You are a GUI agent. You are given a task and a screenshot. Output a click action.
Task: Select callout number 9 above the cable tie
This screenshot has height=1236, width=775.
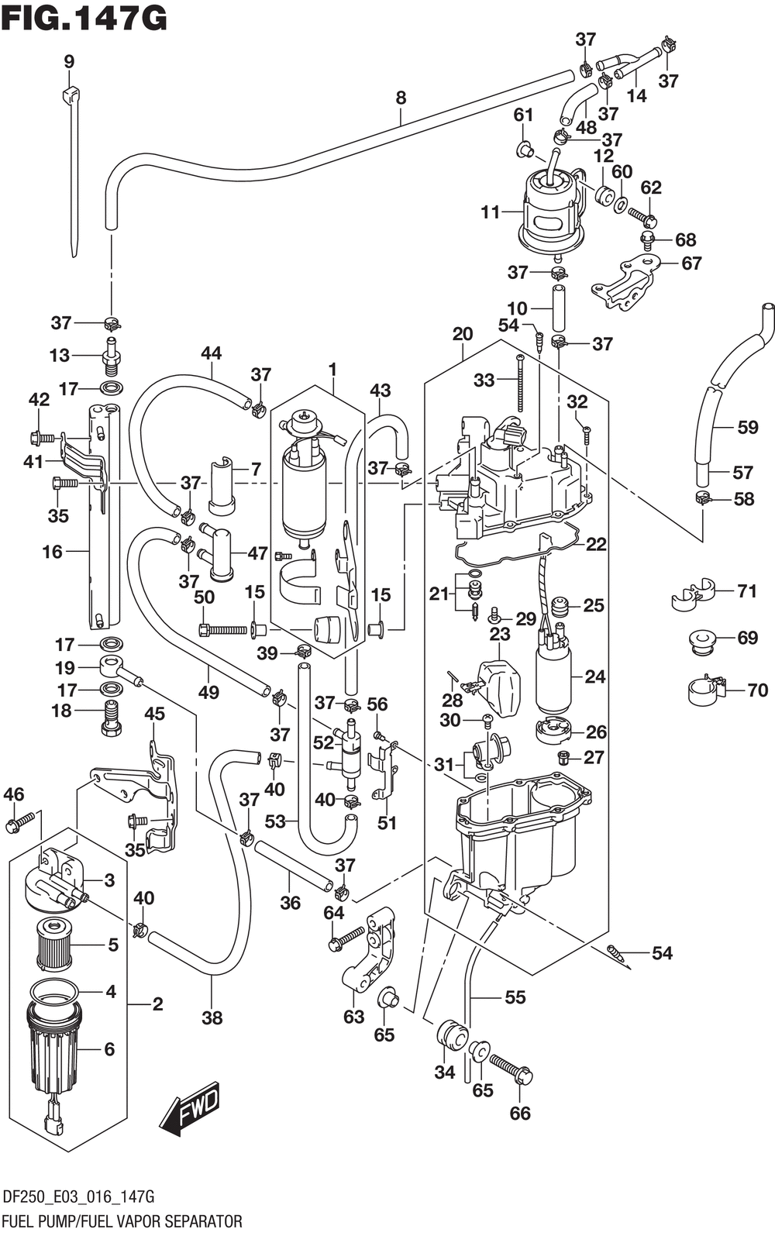point(68,61)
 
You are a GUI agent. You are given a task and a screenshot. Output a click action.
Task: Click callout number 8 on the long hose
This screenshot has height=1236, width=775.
point(401,98)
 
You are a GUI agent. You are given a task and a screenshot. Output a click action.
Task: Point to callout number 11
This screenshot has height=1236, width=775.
point(490,212)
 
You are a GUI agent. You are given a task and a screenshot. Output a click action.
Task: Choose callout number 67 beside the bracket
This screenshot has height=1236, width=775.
point(691,263)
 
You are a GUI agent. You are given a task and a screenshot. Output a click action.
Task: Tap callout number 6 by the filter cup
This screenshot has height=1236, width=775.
point(109,1048)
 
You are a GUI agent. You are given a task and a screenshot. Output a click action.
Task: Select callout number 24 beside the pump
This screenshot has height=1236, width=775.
point(594,677)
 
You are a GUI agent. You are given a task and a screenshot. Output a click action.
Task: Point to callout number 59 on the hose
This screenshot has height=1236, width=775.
point(748,427)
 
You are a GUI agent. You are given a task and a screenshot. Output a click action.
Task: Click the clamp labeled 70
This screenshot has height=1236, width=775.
point(707,690)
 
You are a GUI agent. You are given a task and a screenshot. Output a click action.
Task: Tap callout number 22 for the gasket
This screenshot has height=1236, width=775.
point(596,544)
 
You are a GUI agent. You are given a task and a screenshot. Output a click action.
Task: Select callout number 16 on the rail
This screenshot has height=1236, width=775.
point(53,551)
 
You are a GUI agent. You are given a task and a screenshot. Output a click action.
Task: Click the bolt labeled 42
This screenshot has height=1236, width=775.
point(43,438)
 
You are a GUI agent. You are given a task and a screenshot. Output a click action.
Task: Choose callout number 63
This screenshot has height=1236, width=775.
point(354,1017)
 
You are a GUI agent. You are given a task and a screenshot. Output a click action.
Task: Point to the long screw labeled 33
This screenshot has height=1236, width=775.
point(519,384)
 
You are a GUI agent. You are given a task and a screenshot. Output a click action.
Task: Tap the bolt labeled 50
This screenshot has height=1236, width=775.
point(222,628)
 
